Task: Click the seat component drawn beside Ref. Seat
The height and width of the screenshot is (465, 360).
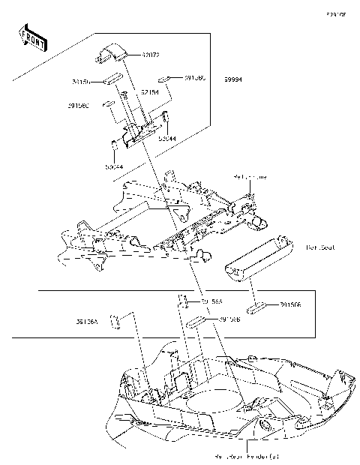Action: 255,259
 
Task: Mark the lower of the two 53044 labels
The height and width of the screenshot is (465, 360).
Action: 114,166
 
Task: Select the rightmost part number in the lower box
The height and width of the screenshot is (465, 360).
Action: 291,305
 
